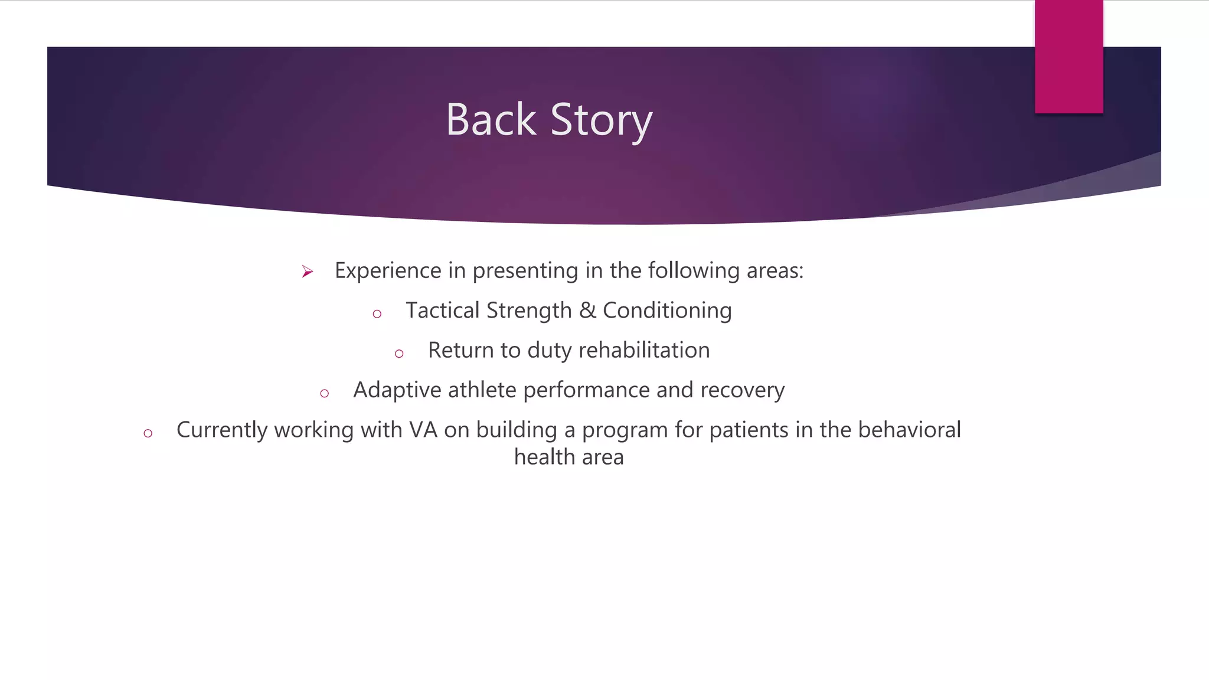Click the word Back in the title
[491, 120]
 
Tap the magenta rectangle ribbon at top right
[1069, 56]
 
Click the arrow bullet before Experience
[307, 272]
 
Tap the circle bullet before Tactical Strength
[377, 314]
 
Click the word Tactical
[442, 310]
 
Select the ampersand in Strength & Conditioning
[587, 310]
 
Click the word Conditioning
[667, 311]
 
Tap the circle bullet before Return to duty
[399, 354]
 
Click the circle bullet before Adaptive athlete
[324, 394]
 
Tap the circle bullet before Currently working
[148, 434]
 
